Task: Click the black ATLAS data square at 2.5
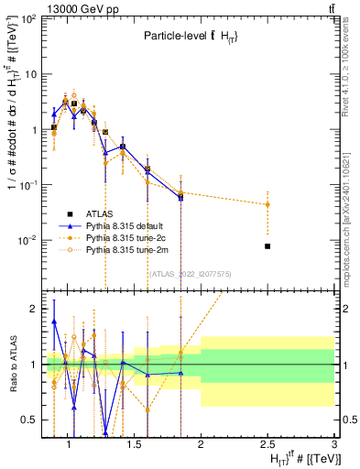click(267, 245)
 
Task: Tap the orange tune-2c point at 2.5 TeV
click(267, 204)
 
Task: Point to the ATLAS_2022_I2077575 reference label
click(190, 273)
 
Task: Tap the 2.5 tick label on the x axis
click(267, 444)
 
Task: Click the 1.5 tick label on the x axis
click(133, 444)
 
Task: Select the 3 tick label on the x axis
click(334, 444)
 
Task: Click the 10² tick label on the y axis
click(28, 19)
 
